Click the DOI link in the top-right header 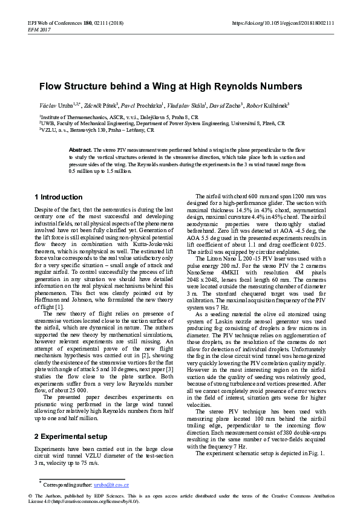coord(283,23)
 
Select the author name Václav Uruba coord(53,105)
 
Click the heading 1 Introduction coord(59,197)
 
